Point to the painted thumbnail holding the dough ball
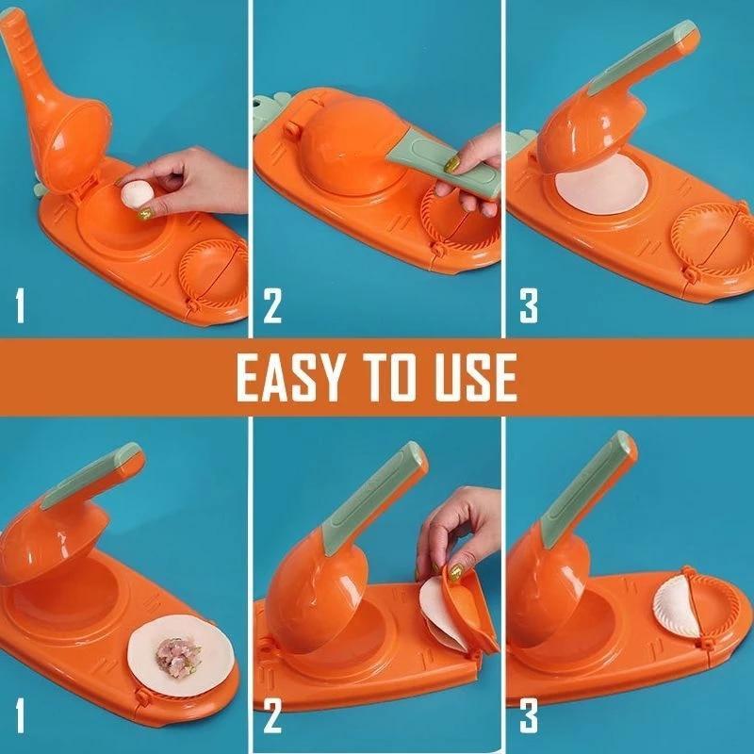click(145, 215)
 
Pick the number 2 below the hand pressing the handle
click(272, 305)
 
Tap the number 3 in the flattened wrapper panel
click(529, 305)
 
